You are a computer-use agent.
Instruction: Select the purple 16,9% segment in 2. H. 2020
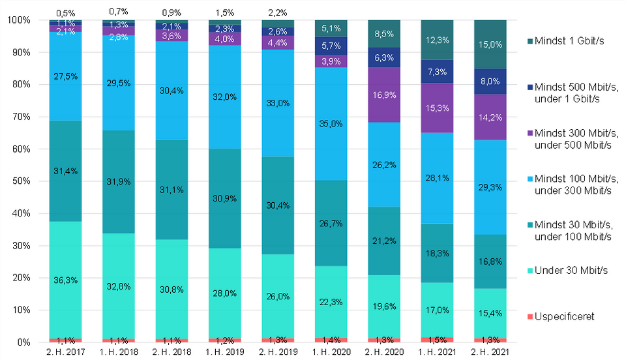click(x=385, y=94)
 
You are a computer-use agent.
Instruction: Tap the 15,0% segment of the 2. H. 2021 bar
click(x=490, y=44)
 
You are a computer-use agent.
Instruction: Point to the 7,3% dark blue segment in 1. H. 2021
click(x=438, y=71)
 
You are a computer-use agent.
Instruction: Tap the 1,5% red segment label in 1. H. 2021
click(x=438, y=338)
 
